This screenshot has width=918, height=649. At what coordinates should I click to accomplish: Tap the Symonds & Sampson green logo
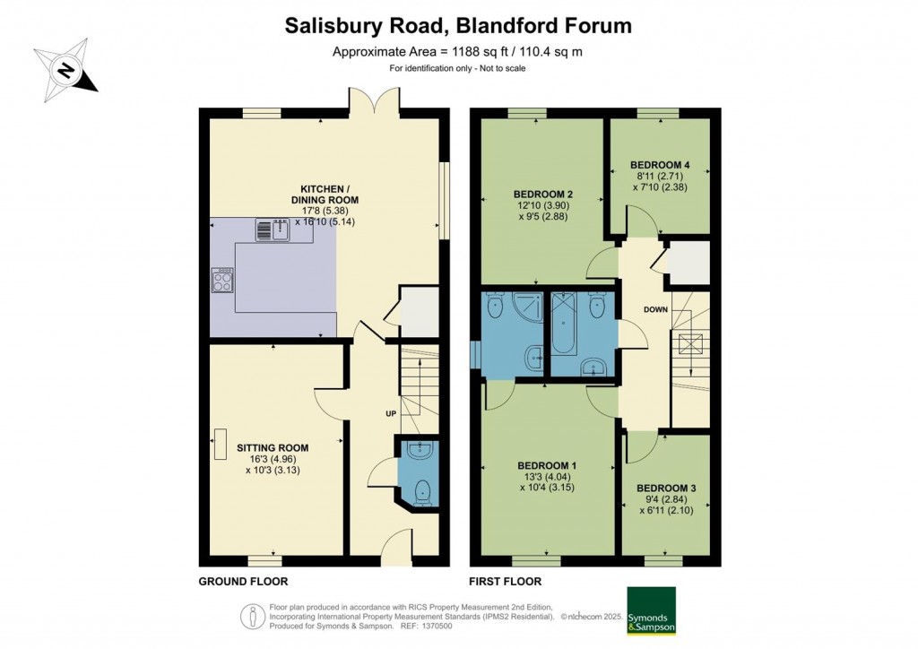(x=651, y=610)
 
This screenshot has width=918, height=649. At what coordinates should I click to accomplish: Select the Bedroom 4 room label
(x=659, y=165)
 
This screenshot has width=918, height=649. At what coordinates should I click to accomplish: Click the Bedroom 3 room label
(x=666, y=488)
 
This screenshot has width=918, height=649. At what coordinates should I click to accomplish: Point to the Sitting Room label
(x=273, y=447)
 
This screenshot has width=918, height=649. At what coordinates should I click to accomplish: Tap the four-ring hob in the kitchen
(x=222, y=281)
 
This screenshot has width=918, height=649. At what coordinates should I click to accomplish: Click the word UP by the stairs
(x=390, y=413)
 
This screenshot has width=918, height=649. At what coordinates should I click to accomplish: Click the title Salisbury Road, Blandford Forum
(x=458, y=25)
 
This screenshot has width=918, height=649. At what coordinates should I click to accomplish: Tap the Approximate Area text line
(x=457, y=51)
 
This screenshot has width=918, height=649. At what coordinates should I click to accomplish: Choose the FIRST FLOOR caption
(x=506, y=581)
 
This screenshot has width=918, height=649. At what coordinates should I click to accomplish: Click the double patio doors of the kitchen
(x=374, y=100)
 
